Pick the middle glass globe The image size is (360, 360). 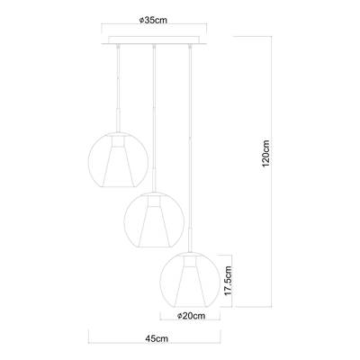pos(155,218)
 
